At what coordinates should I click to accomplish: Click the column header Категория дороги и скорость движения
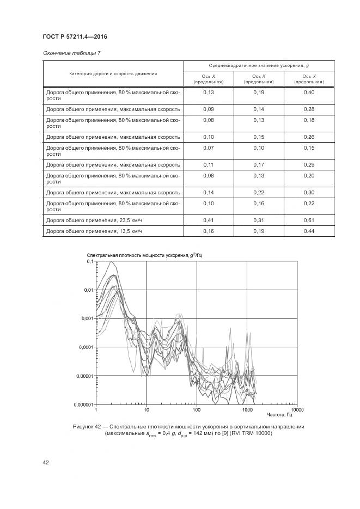tap(113, 73)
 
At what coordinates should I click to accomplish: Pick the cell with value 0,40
tap(309, 93)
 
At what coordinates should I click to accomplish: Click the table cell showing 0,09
tap(209, 109)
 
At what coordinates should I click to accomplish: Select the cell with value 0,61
tap(309, 219)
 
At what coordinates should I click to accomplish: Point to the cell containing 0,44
tap(309, 231)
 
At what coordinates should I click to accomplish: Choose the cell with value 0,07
tap(209, 148)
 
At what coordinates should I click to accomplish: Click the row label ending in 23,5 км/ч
tap(94, 219)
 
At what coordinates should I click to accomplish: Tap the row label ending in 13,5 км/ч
tap(94, 231)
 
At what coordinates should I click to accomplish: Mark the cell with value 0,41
tap(209, 219)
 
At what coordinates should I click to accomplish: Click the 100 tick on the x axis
tap(197, 409)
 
